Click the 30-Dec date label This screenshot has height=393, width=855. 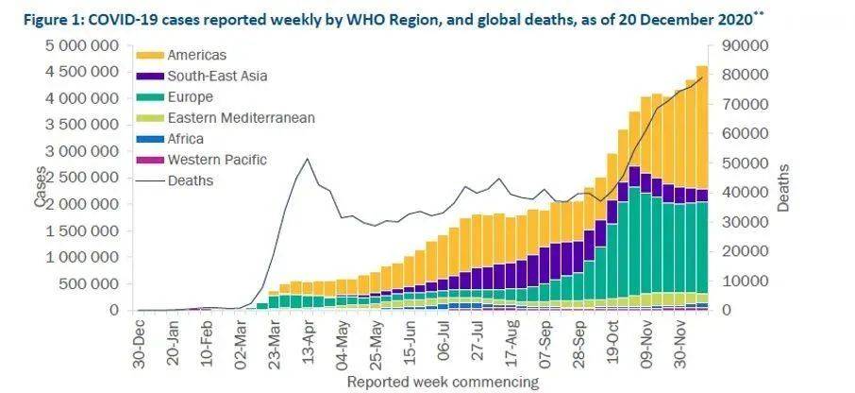click(140, 343)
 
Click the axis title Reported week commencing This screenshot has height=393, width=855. click(443, 382)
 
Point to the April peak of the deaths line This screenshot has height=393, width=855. click(308, 159)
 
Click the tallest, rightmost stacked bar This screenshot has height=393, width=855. click(702, 188)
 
